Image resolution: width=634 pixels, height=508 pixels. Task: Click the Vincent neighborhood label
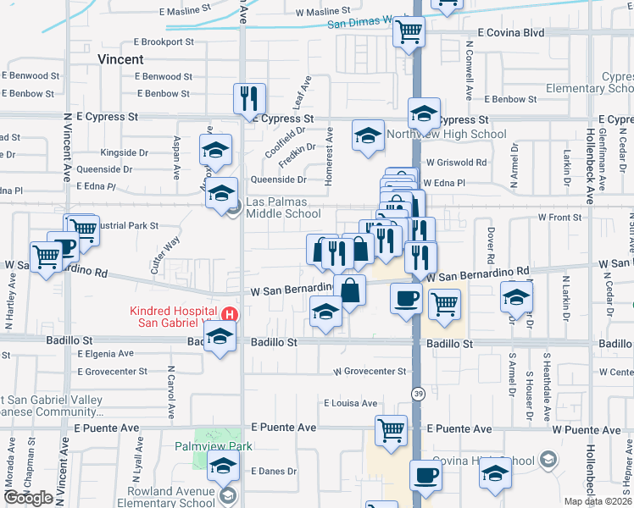pos(120,59)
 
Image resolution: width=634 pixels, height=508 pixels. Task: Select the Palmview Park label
pos(214,446)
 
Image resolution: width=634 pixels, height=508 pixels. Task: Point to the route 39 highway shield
pos(418,394)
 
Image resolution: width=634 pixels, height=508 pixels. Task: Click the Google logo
pos(28,498)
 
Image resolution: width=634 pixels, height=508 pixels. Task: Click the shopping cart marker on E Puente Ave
pos(391,431)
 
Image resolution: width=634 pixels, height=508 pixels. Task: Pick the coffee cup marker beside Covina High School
pos(425,475)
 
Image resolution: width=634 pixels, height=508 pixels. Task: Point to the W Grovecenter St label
pos(370,372)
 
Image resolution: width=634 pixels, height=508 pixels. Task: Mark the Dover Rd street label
pos(491,244)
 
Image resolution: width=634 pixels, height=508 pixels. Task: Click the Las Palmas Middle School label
pos(283,208)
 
